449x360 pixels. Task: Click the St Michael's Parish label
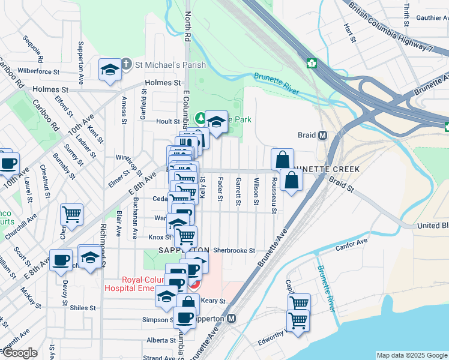(x=170, y=65)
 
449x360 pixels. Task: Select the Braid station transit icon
(x=322, y=135)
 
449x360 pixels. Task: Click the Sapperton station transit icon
(x=232, y=319)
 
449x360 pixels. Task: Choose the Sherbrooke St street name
(x=234, y=250)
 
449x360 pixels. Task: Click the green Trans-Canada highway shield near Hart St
(x=312, y=62)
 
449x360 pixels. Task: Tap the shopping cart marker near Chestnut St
(x=71, y=213)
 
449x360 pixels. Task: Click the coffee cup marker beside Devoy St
(x=61, y=259)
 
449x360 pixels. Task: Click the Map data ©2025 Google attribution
(x=411, y=355)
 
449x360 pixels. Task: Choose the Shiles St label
(x=82, y=308)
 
